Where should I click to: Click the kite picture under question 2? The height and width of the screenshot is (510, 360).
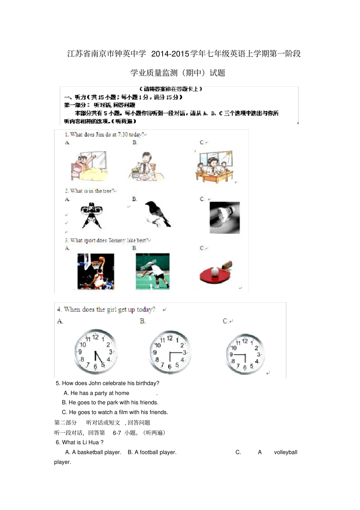91,215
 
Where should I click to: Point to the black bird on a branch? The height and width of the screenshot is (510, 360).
157,214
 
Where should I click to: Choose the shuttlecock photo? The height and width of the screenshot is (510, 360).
224,217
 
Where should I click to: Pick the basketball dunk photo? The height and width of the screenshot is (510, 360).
95,271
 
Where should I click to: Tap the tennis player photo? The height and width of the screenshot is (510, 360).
152,271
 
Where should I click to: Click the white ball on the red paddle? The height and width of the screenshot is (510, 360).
215,271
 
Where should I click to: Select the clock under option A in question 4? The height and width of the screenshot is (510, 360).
95,351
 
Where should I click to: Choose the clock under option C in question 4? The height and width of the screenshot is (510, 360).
245,354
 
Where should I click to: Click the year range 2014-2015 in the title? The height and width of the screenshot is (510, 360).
170,54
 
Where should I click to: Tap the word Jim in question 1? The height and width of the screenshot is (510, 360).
100,135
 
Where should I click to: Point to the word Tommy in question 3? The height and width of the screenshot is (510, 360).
117,240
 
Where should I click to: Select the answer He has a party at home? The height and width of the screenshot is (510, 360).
100,393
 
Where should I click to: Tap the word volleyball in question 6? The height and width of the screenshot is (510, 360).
285,452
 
